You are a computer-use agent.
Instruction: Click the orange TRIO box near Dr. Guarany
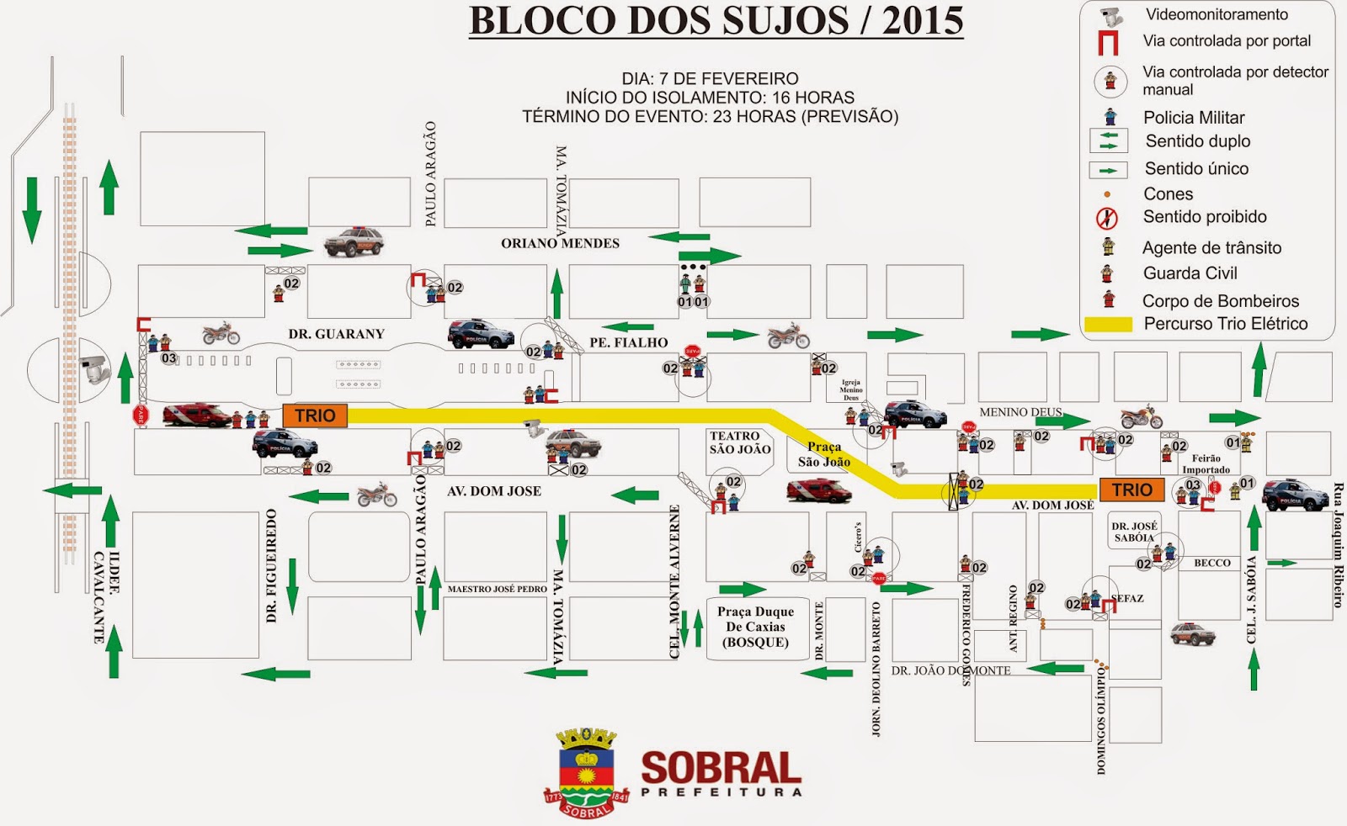coord(315,416)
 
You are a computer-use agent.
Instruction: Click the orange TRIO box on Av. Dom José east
coord(1131,490)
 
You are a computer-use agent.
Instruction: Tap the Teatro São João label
coord(739,442)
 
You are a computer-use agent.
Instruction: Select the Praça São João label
coord(824,454)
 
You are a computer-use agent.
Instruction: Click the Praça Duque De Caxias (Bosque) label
coord(755,627)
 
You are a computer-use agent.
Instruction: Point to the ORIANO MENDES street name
coord(560,243)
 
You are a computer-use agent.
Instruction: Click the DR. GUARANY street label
coord(336,334)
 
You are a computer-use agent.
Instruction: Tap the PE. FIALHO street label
coord(628,342)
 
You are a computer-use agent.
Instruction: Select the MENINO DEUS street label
coord(1020,412)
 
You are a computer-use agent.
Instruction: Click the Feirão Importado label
coord(1206,464)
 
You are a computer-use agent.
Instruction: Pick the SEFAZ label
coord(1126,598)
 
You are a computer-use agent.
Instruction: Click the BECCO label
coord(1211,563)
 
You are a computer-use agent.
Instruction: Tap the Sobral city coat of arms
coord(587,772)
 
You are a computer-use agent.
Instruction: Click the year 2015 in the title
coord(922,21)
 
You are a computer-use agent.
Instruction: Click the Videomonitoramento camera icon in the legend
coord(1111,16)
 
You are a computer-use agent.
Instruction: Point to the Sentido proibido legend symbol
coord(1106,219)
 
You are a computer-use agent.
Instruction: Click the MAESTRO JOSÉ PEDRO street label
coord(497,589)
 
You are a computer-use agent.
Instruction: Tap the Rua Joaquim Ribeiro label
coord(1337,545)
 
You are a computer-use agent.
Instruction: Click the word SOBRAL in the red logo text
coord(721,768)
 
